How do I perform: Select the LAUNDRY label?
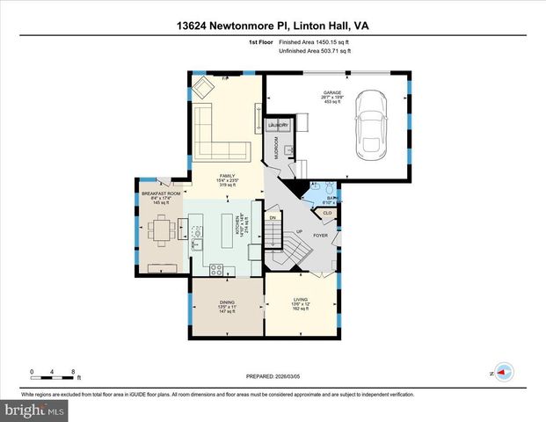tap(278, 126)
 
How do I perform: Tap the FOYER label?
tap(321, 235)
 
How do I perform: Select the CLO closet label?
tap(327, 213)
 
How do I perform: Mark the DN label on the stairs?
tap(273, 217)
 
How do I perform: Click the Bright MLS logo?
tap(33, 411)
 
